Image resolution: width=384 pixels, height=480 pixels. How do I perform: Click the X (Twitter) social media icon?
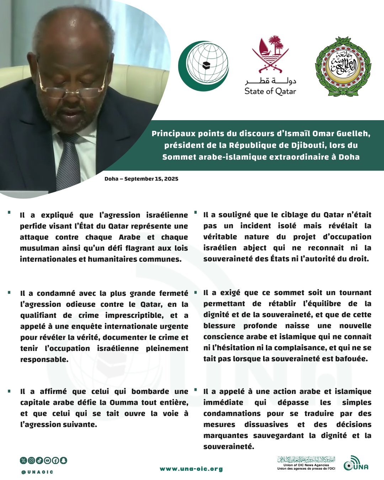point(23,460)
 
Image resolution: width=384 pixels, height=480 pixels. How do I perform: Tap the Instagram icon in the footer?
point(31,460)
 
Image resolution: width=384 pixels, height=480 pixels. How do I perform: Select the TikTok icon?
point(39,460)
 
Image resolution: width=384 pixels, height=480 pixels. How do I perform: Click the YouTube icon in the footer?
point(47,460)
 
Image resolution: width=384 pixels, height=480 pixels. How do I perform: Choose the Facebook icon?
point(55,460)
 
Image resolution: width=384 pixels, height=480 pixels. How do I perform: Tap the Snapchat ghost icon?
point(63,460)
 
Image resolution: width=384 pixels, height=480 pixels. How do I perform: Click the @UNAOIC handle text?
point(37,472)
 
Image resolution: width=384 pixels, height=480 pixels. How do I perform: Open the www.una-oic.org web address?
point(191,469)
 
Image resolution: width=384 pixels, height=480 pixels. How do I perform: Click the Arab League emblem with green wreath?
point(343,66)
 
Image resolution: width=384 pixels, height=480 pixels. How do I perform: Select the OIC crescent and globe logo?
point(204,65)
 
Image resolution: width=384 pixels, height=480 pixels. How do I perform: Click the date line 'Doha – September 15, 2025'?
point(141,179)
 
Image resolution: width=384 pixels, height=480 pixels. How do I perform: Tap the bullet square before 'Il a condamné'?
point(9,293)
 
